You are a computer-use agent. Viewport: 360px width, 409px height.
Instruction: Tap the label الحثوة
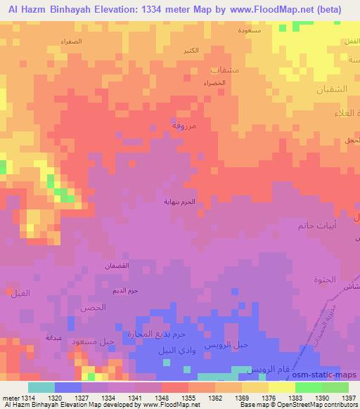coord(325,280)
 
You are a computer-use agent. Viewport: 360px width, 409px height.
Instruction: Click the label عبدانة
coord(55,338)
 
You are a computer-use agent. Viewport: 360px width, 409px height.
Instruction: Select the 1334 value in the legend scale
coord(108,397)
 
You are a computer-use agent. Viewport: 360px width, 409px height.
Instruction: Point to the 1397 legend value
coord(348,397)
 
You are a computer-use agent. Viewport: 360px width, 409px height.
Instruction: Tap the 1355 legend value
coord(188,397)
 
